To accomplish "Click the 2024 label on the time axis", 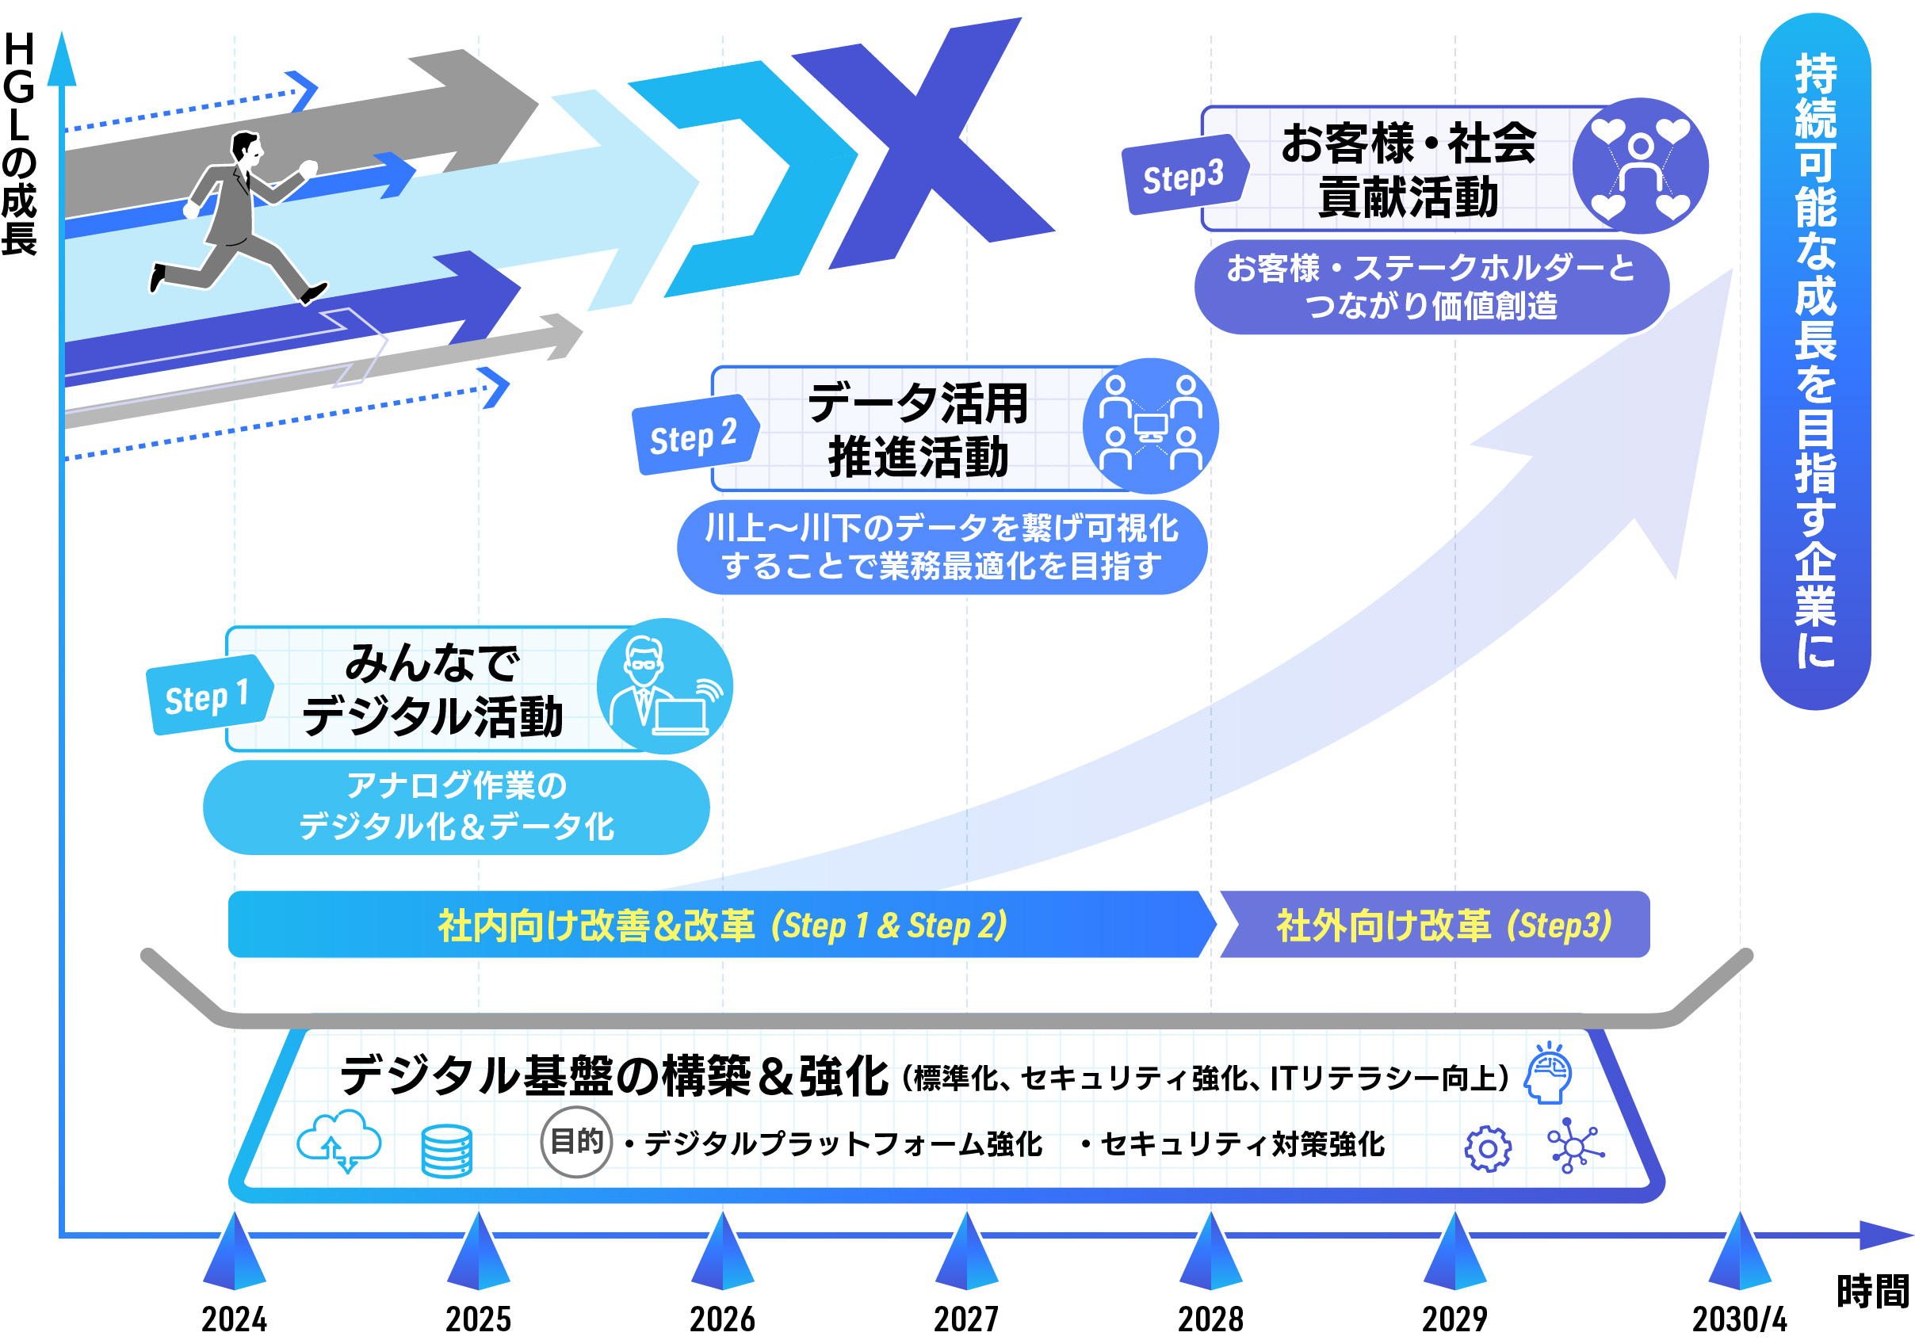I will coord(235,1319).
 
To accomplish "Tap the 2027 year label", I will coord(966,1319).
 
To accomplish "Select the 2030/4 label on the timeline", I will coord(1739,1319).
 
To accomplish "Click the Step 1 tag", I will coord(208,697).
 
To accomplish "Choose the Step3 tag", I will coord(1183,176).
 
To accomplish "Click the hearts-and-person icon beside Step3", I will coord(1640,166).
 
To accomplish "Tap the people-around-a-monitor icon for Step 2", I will coord(1150,426).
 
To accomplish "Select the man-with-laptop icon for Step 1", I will coord(665,686).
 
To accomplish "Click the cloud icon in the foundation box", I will coord(339,1140).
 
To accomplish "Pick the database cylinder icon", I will coord(447,1151).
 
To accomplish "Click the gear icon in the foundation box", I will coord(1488,1149).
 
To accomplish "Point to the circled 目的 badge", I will coord(576,1142).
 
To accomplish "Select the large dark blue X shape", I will coord(926,142).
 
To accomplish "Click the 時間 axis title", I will coord(1873,1292).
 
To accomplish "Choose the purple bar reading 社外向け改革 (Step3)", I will coord(1435,925).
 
